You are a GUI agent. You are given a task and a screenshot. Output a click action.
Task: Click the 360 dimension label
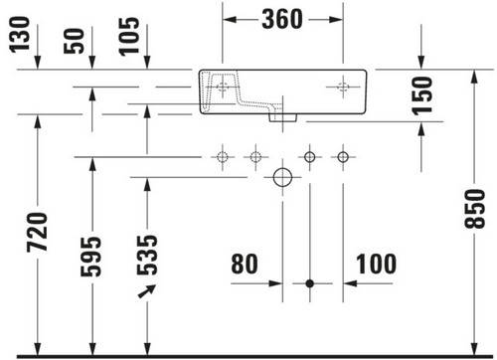pyautogui.click(x=282, y=19)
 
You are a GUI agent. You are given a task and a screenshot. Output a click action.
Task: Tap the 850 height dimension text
pyautogui.click(x=474, y=209)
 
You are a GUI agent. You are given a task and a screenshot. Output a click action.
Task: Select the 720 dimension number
pyautogui.click(x=37, y=232)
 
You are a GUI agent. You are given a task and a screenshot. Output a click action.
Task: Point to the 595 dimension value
pyautogui.click(x=90, y=257)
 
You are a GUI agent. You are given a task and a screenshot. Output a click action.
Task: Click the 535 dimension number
pyautogui.click(x=147, y=255)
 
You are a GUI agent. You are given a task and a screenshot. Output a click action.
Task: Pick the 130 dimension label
pyautogui.click(x=19, y=35)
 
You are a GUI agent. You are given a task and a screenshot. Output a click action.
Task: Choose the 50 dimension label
pyautogui.click(x=74, y=41)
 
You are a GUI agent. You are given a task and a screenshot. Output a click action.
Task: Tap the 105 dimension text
pyautogui.click(x=129, y=37)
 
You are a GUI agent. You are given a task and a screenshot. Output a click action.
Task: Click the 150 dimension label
pyautogui.click(x=422, y=95)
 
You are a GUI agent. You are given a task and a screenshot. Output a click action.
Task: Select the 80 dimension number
pyautogui.click(x=245, y=264)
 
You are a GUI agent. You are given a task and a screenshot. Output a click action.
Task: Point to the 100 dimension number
pyautogui.click(x=376, y=264)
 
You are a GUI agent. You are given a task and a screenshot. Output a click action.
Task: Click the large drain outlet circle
pyautogui.click(x=282, y=177)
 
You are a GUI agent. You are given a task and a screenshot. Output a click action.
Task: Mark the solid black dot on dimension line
pyautogui.click(x=310, y=283)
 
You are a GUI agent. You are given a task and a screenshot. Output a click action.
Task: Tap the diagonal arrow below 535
pyautogui.click(x=147, y=291)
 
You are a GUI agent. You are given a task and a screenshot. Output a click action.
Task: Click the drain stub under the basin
pyautogui.click(x=282, y=117)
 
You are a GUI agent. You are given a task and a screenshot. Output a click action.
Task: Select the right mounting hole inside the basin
pyautogui.click(x=343, y=87)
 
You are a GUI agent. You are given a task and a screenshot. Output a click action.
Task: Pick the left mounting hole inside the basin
pyautogui.click(x=223, y=87)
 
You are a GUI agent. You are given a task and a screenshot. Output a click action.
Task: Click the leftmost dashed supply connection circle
pyautogui.click(x=223, y=157)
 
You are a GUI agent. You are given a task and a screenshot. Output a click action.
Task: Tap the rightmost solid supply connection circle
pyautogui.click(x=343, y=157)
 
